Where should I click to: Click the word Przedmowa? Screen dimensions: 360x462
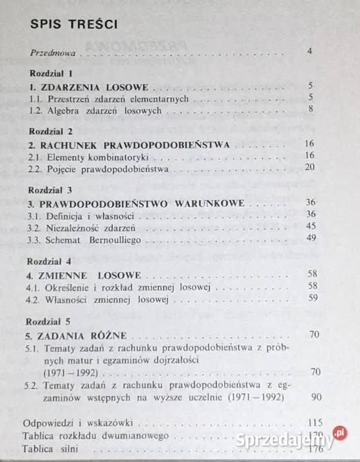[x=53, y=52]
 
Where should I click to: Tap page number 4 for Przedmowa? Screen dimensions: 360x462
[x=309, y=51]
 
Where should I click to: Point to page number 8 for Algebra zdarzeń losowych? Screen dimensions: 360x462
[x=309, y=110]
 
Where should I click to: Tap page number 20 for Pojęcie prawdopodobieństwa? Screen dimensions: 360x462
[x=309, y=168]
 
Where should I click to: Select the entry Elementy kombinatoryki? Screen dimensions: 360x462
[x=96, y=156]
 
